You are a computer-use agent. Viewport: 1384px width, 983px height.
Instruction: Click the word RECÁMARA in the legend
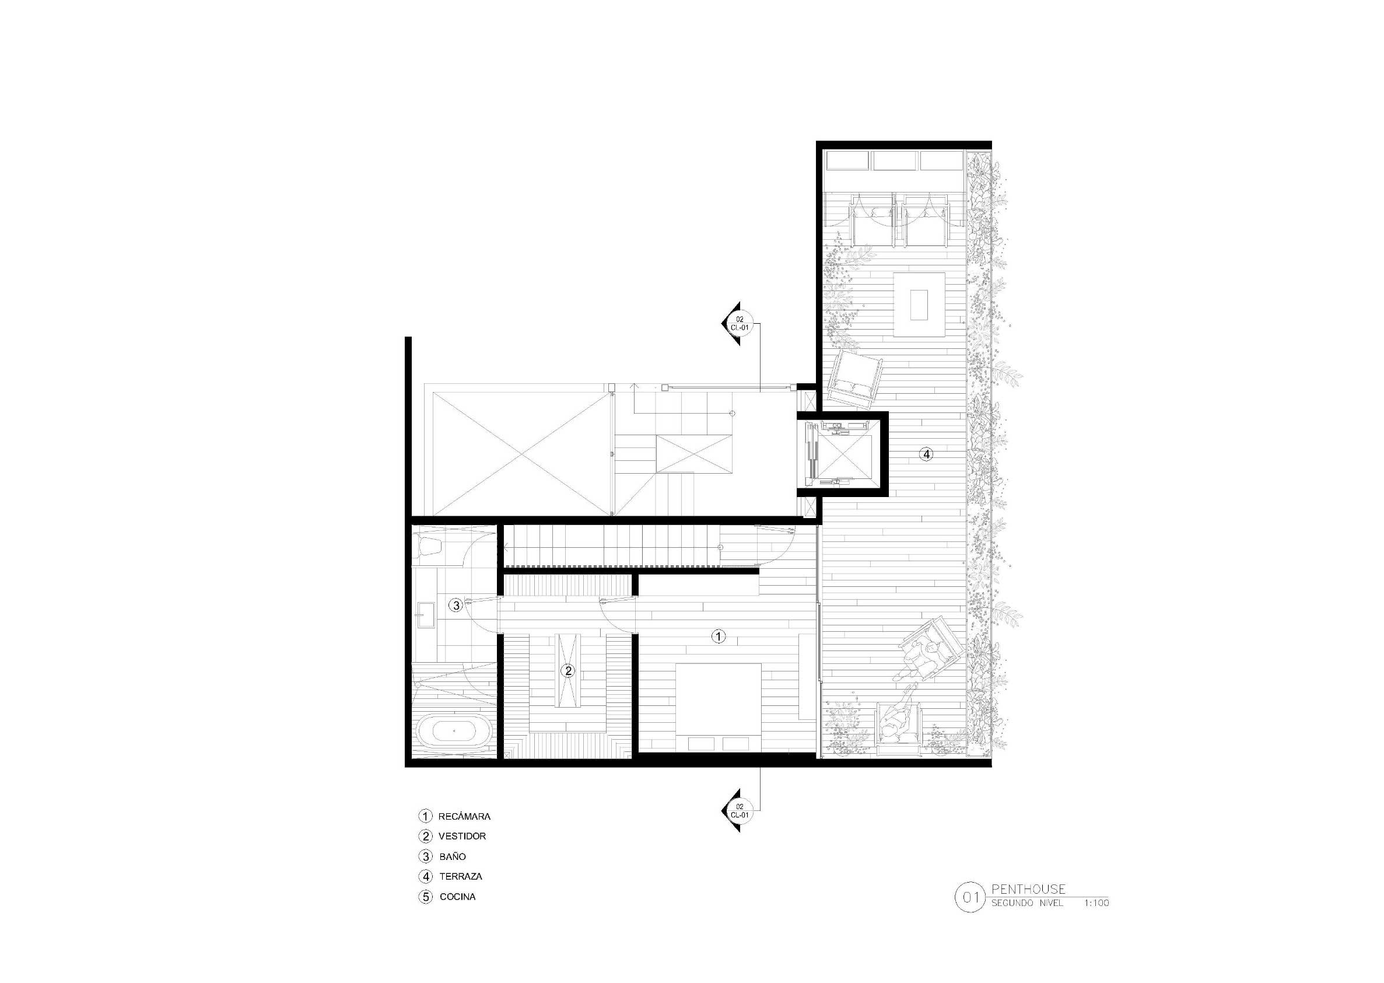[464, 816]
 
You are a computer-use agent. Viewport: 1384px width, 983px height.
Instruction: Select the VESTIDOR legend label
[462, 836]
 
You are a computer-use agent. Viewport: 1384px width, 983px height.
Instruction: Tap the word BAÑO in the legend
[453, 856]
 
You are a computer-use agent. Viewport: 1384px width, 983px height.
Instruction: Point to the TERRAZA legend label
[461, 876]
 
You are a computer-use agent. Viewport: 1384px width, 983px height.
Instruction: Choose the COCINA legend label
[457, 897]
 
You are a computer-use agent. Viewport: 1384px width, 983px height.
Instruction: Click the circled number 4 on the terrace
[927, 453]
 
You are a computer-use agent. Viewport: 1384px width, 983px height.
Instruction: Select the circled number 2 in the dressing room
[567, 671]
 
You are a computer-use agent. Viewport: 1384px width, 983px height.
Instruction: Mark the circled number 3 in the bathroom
[456, 605]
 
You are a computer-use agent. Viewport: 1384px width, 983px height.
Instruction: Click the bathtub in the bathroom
[454, 731]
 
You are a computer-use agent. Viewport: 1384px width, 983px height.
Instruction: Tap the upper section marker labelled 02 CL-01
[736, 323]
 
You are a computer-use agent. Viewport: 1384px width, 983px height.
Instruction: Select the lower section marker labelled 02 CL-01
[736, 810]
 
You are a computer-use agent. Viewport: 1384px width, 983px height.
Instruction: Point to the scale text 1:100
[1096, 903]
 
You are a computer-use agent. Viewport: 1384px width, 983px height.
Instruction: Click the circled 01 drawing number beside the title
[970, 897]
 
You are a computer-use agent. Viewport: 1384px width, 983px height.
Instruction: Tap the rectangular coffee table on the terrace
[919, 305]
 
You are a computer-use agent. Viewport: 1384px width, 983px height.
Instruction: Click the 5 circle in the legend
[426, 897]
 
